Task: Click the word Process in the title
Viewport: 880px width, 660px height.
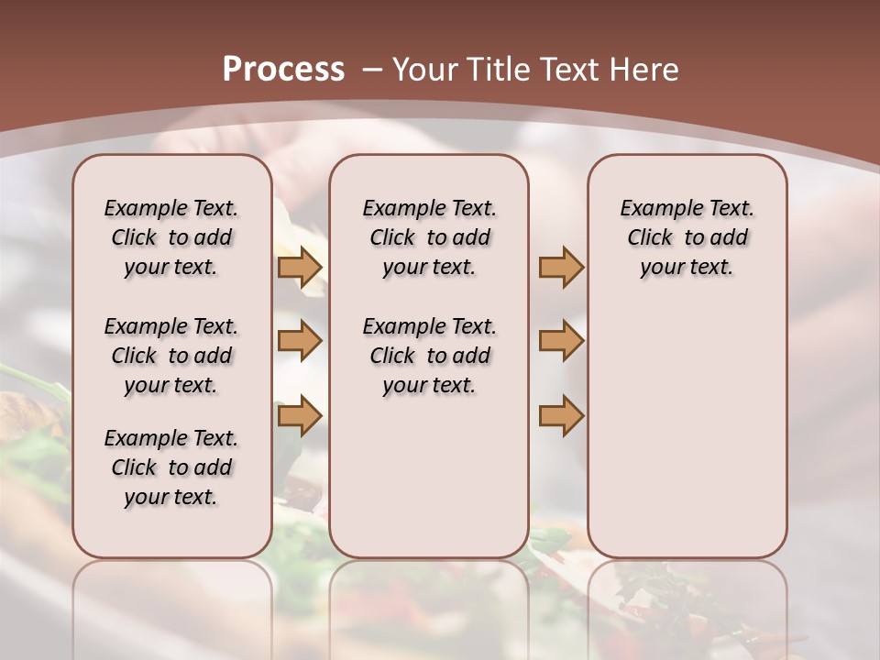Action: pos(283,69)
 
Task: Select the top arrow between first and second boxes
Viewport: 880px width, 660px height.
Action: pos(300,267)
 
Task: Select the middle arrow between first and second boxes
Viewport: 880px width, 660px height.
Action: pos(300,341)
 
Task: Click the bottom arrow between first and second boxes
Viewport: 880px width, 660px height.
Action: pos(300,416)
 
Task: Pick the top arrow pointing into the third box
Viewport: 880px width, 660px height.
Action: pos(561,267)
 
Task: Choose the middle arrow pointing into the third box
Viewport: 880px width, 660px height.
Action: pos(561,341)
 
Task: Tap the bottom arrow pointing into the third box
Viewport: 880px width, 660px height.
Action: pos(561,416)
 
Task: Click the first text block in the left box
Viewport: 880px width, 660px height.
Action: pos(171,237)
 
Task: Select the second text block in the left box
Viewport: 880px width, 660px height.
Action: pos(171,356)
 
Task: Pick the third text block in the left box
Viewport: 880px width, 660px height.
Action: pos(171,467)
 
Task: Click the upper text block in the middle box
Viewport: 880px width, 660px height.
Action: pos(429,237)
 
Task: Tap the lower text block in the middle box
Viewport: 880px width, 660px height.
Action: pos(429,356)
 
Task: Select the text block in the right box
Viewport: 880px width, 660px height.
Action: pos(687,237)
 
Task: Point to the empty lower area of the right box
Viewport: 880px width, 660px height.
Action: pos(687,431)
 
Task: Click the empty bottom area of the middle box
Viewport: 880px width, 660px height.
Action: pos(429,486)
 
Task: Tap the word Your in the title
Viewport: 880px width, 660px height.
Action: pos(423,69)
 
